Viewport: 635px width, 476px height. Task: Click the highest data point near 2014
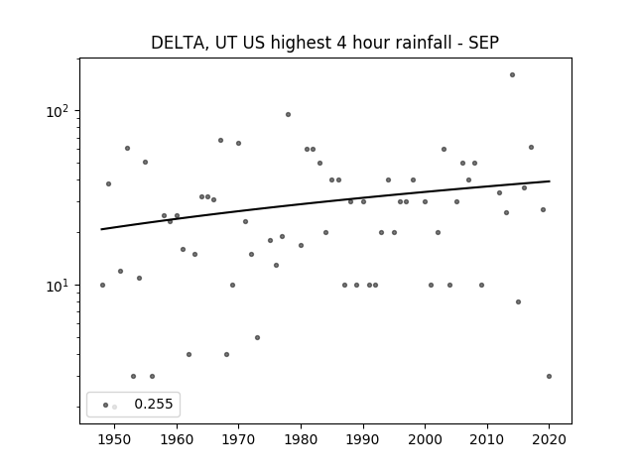pyautogui.click(x=512, y=75)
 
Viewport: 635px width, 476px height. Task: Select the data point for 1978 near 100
pyautogui.click(x=288, y=115)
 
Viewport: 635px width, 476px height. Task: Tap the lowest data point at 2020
pyautogui.click(x=549, y=377)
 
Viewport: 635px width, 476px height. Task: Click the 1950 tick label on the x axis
pyautogui.click(x=115, y=439)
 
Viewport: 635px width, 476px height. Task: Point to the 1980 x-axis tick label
pyautogui.click(x=301, y=439)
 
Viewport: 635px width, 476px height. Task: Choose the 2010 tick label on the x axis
pyautogui.click(x=487, y=439)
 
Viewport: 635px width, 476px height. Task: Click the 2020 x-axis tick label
pyautogui.click(x=549, y=439)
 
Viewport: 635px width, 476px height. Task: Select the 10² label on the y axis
pyautogui.click(x=58, y=111)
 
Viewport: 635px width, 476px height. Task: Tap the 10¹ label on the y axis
pyautogui.click(x=58, y=287)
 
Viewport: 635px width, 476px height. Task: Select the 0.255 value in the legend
pyautogui.click(x=154, y=404)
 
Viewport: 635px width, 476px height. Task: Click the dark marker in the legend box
pyautogui.click(x=106, y=406)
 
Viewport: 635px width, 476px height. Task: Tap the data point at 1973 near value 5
pyautogui.click(x=257, y=337)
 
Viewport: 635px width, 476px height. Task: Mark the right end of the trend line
pyautogui.click(x=550, y=180)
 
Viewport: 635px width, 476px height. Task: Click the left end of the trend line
pyautogui.click(x=101, y=229)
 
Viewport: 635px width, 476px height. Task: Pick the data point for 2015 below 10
pyautogui.click(x=518, y=301)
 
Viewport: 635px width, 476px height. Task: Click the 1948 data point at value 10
pyautogui.click(x=102, y=286)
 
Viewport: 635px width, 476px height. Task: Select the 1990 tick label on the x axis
pyautogui.click(x=363, y=439)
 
